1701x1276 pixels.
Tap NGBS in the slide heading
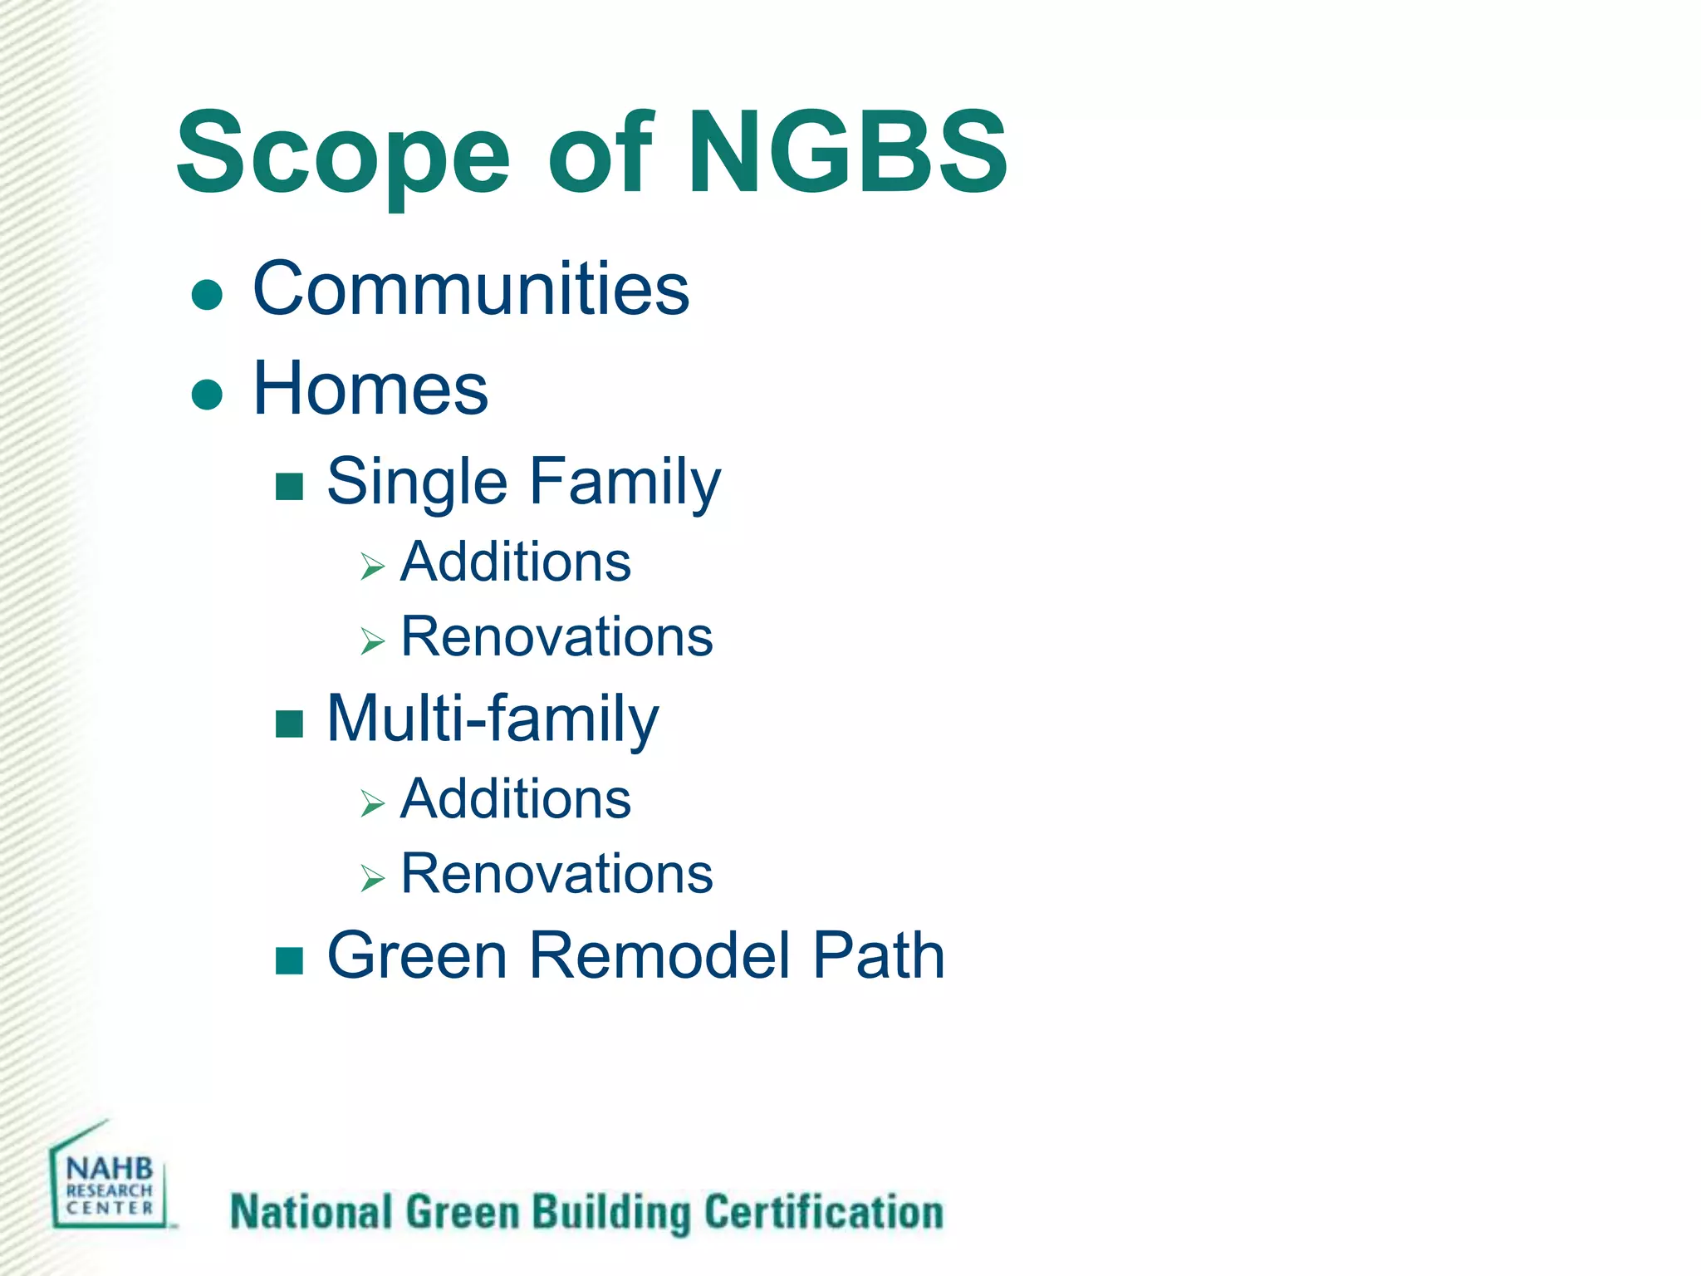pyautogui.click(x=847, y=154)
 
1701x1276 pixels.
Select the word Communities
pyautogui.click(x=471, y=288)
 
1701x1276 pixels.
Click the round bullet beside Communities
pyautogui.click(x=207, y=295)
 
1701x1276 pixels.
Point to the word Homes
pyautogui.click(x=370, y=389)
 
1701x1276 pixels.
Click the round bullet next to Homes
pyautogui.click(x=207, y=395)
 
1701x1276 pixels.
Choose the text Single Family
pyautogui.click(x=523, y=482)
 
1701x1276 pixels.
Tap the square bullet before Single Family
pyautogui.click(x=289, y=487)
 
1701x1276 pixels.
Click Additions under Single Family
pyautogui.click(x=515, y=562)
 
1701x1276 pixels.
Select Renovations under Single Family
pyautogui.click(x=556, y=637)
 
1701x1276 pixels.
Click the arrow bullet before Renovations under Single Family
pyautogui.click(x=373, y=641)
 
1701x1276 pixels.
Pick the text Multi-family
pyautogui.click(x=493, y=719)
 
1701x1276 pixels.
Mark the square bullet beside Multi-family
pyautogui.click(x=289, y=724)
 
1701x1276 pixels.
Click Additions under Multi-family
pyautogui.click(x=515, y=799)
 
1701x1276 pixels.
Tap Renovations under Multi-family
pyautogui.click(x=556, y=874)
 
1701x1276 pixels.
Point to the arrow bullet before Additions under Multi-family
pyautogui.click(x=373, y=803)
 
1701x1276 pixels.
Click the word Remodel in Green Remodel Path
pyautogui.click(x=659, y=955)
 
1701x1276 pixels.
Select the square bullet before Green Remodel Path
pyautogui.click(x=289, y=960)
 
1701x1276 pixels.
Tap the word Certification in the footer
pyautogui.click(x=824, y=1212)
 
